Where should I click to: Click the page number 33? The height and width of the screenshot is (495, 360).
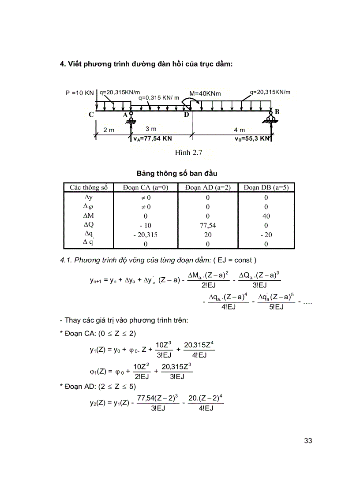click(x=308, y=440)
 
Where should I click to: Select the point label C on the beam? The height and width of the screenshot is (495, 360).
click(x=91, y=115)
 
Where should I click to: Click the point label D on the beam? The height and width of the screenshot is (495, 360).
click(x=186, y=115)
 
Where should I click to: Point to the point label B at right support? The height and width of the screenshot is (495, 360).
click(x=277, y=112)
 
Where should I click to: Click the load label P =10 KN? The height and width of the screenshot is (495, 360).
click(x=79, y=93)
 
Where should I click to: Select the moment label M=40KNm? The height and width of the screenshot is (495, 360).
click(x=205, y=93)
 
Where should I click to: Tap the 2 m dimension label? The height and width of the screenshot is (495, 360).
click(x=109, y=130)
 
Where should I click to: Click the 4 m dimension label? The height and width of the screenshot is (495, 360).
click(x=239, y=130)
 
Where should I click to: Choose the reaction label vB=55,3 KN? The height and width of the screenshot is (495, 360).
click(x=252, y=138)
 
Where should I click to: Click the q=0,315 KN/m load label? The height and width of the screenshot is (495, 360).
click(x=159, y=98)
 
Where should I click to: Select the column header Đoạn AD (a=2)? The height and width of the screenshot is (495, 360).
click(x=208, y=187)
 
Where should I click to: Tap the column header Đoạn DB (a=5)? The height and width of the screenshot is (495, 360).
click(x=266, y=187)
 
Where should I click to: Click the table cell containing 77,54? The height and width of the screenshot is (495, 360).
click(x=208, y=225)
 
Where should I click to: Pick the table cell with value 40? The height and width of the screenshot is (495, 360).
click(x=266, y=216)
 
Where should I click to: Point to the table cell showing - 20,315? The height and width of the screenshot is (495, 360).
click(x=146, y=234)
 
